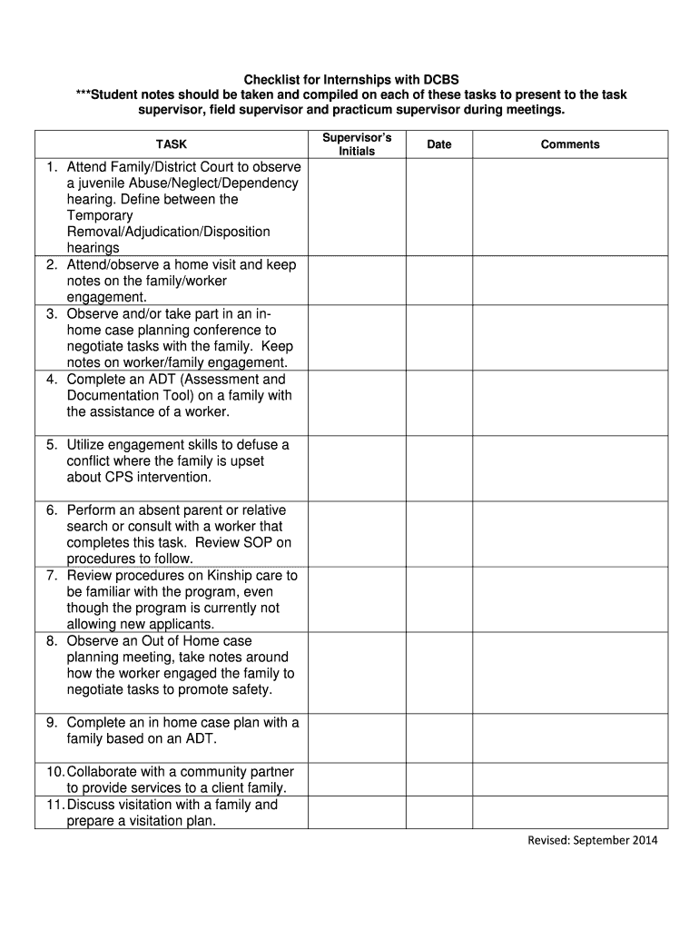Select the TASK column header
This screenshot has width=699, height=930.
[171, 144]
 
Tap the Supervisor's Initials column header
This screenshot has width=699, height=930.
[357, 143]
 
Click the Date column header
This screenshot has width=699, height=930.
[439, 144]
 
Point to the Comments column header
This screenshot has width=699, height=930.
[570, 144]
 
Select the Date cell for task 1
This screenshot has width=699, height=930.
[439, 207]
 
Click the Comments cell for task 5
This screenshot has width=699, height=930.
[570, 468]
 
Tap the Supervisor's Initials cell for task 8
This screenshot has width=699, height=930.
[357, 672]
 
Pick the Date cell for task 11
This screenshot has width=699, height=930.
[439, 813]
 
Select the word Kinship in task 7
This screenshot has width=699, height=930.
[232, 576]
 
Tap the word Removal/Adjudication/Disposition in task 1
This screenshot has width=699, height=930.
[168, 232]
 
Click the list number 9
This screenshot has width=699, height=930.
[53, 722]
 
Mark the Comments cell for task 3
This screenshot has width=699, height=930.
[570, 338]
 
